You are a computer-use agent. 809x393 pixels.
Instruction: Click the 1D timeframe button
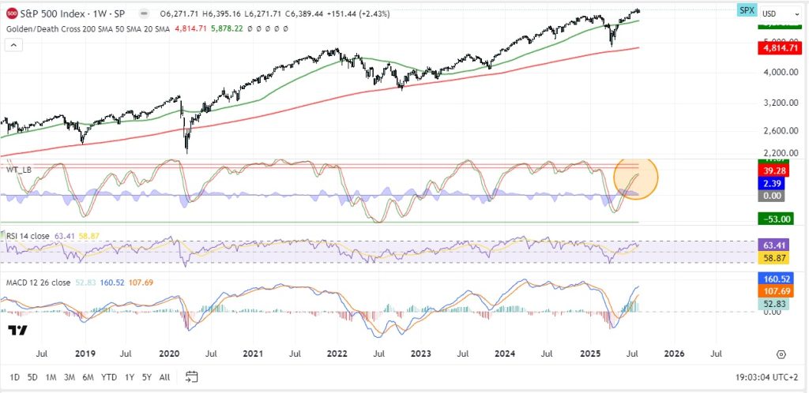pos(15,377)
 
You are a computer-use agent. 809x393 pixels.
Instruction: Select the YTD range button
pos(110,377)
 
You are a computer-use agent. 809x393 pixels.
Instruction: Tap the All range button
pos(164,377)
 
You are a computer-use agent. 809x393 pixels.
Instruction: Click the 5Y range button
pos(146,377)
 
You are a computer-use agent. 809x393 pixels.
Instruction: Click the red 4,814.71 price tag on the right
pos(777,48)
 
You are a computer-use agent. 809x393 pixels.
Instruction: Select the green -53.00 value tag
pos(777,219)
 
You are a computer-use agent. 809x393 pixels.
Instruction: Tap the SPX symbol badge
pos(746,9)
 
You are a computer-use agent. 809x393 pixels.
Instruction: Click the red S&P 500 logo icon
pos(12,13)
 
